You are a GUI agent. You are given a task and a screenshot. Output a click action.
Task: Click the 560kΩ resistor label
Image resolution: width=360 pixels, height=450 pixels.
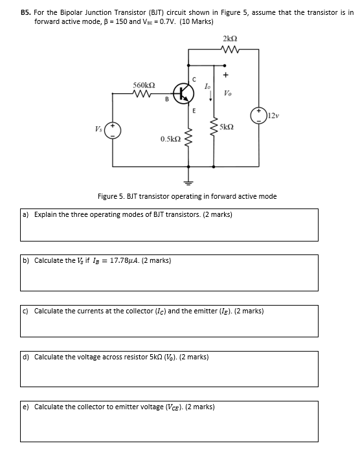coord(143,85)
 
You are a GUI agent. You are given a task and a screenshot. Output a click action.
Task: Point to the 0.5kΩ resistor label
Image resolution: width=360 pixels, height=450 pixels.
coord(170,139)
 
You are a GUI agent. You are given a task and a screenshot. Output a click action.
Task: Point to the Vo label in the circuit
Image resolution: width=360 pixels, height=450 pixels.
coord(228,93)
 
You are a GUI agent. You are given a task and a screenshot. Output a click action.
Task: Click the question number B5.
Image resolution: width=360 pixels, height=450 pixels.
coord(26,12)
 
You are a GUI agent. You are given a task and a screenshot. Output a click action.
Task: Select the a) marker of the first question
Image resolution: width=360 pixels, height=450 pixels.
coord(26,214)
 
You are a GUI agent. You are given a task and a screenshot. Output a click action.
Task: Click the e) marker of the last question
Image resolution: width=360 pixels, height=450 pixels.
coord(26,407)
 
